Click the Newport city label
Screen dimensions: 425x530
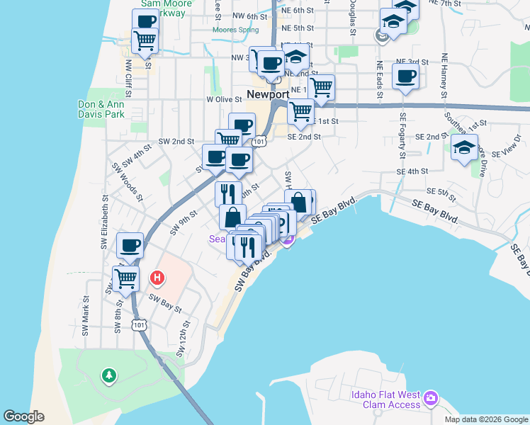[x=268, y=94]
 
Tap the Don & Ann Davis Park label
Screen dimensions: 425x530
[x=101, y=108]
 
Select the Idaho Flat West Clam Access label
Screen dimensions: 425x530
[x=385, y=399]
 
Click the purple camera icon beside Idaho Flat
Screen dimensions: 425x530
[x=430, y=399]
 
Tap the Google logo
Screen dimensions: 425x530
[x=23, y=416]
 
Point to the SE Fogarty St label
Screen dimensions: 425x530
[x=402, y=135]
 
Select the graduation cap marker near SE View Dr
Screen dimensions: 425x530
[x=464, y=148]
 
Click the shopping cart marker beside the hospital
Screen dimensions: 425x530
[x=125, y=278]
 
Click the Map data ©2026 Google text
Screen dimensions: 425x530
[x=487, y=419]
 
